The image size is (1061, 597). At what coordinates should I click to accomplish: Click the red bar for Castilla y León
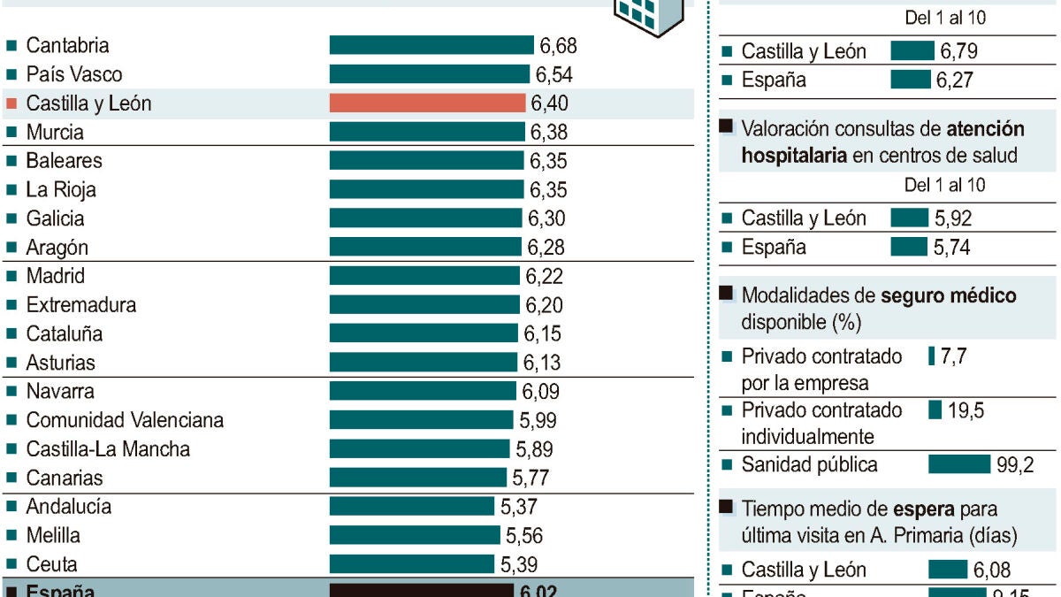pyautogui.click(x=428, y=103)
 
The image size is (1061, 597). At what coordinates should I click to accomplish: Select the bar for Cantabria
pyautogui.click(x=431, y=45)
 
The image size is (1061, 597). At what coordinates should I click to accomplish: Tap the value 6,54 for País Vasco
pyautogui.click(x=553, y=74)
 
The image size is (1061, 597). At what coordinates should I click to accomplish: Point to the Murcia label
pyautogui.click(x=55, y=133)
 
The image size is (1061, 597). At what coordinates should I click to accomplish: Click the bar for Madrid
pyautogui.click(x=424, y=276)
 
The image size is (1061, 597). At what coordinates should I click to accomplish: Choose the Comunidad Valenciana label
pyautogui.click(x=125, y=420)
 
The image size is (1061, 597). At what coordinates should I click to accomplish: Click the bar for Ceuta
pyautogui.click(x=412, y=564)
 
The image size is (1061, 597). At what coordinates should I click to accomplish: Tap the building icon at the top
pyautogui.click(x=650, y=13)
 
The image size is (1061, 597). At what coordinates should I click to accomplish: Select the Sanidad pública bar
pyautogui.click(x=959, y=464)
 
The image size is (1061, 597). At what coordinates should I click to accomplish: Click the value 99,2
pyautogui.click(x=1015, y=464)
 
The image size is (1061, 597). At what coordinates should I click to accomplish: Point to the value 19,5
pyautogui.click(x=966, y=409)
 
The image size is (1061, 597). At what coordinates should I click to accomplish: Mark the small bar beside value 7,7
pyautogui.click(x=932, y=356)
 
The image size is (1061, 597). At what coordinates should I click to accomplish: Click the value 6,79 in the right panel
pyautogui.click(x=958, y=51)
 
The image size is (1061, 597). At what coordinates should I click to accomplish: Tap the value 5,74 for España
pyautogui.click(x=952, y=248)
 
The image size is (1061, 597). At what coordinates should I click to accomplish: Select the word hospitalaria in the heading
pyautogui.click(x=792, y=156)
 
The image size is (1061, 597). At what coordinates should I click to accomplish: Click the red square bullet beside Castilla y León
pyautogui.click(x=11, y=103)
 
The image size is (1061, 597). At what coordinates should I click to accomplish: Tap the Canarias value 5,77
pyautogui.click(x=530, y=478)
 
